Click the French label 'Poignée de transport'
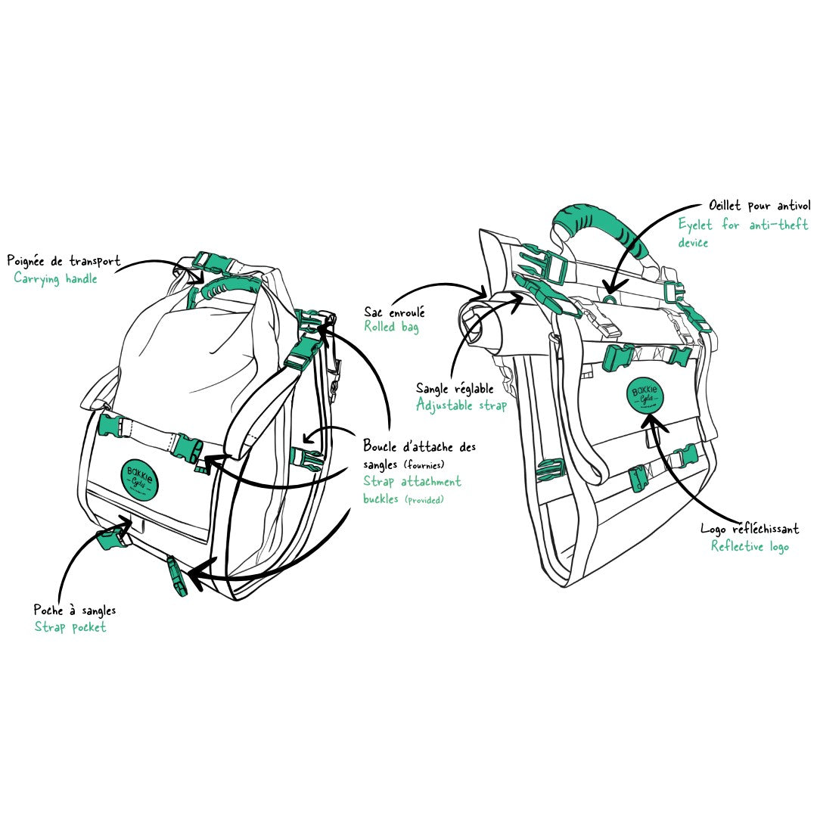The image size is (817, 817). [64, 261]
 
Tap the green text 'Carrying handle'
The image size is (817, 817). [55, 278]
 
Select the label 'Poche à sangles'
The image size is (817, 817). [75, 610]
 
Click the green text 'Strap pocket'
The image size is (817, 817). [70, 626]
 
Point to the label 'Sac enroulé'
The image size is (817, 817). [394, 311]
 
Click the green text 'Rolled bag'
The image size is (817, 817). [391, 327]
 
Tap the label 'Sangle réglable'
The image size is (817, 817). [455, 388]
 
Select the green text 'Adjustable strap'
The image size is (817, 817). [461, 405]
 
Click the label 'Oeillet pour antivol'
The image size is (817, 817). [760, 206]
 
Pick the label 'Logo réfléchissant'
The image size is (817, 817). [749, 529]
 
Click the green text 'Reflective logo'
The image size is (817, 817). [749, 546]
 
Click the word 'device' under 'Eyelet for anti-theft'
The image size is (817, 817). [693, 243]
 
